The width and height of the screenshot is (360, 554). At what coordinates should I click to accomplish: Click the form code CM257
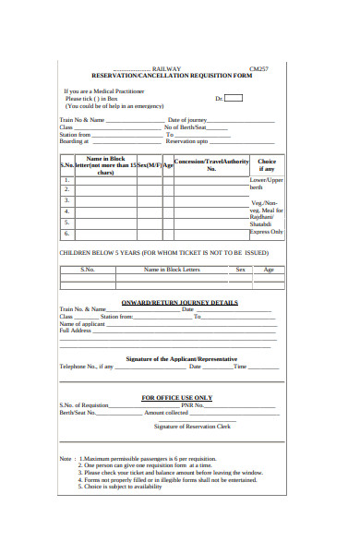click(x=259, y=68)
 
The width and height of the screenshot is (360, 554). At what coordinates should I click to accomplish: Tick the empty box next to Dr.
click(x=234, y=98)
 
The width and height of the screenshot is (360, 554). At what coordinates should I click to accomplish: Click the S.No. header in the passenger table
click(x=66, y=166)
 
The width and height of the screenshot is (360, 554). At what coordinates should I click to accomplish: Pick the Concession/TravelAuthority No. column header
click(x=210, y=165)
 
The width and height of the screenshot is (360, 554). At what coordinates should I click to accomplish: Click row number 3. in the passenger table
click(x=66, y=199)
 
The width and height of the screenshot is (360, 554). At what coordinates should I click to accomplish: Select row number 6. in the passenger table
click(x=66, y=234)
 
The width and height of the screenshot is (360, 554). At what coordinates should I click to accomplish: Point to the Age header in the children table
click(x=269, y=270)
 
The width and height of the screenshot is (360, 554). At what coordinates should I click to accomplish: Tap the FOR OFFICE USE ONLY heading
click(x=176, y=397)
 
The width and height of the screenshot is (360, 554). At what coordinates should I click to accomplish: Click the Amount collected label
click(x=166, y=413)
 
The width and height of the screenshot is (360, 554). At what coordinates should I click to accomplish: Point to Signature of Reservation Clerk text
click(x=192, y=427)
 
